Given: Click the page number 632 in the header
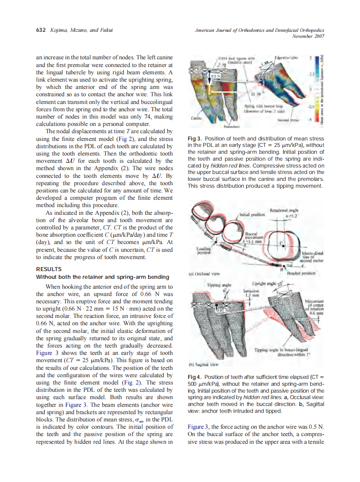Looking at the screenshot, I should point(40,31).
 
